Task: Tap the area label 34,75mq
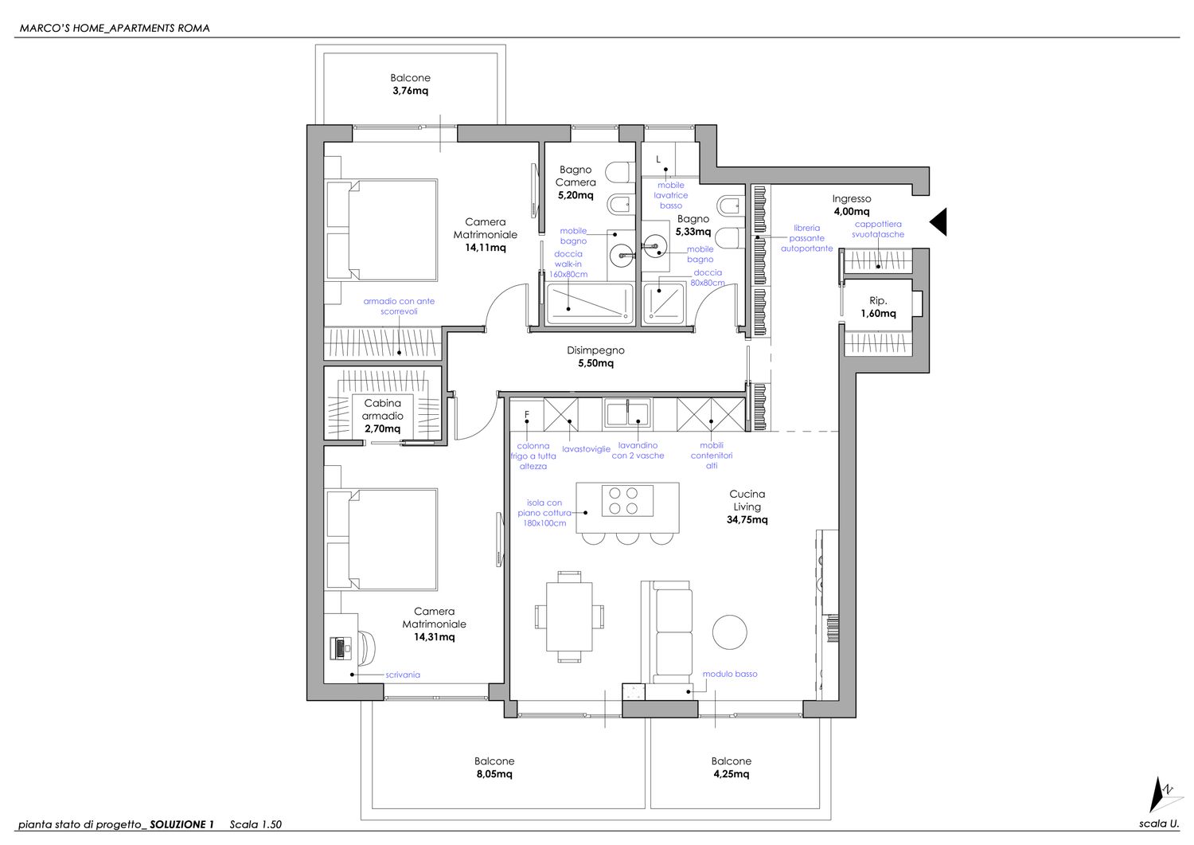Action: (747, 519)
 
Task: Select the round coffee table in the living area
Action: (729, 632)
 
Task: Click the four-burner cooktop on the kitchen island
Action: (627, 500)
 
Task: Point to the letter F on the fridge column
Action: (527, 414)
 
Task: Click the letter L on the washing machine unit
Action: (658, 159)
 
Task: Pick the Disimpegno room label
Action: (595, 350)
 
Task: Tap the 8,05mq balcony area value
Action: (494, 774)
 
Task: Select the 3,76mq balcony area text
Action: (410, 91)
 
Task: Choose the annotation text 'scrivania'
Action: (403, 675)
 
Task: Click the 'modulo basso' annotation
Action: (730, 674)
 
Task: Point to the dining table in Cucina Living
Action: (569, 616)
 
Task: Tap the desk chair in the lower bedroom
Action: (367, 647)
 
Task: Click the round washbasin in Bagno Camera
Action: (622, 256)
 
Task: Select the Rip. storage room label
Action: (878, 300)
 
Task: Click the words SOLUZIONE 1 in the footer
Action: (181, 824)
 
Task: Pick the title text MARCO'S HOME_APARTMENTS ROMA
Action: (115, 29)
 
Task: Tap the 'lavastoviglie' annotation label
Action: (586, 449)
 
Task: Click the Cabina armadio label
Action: (383, 409)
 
